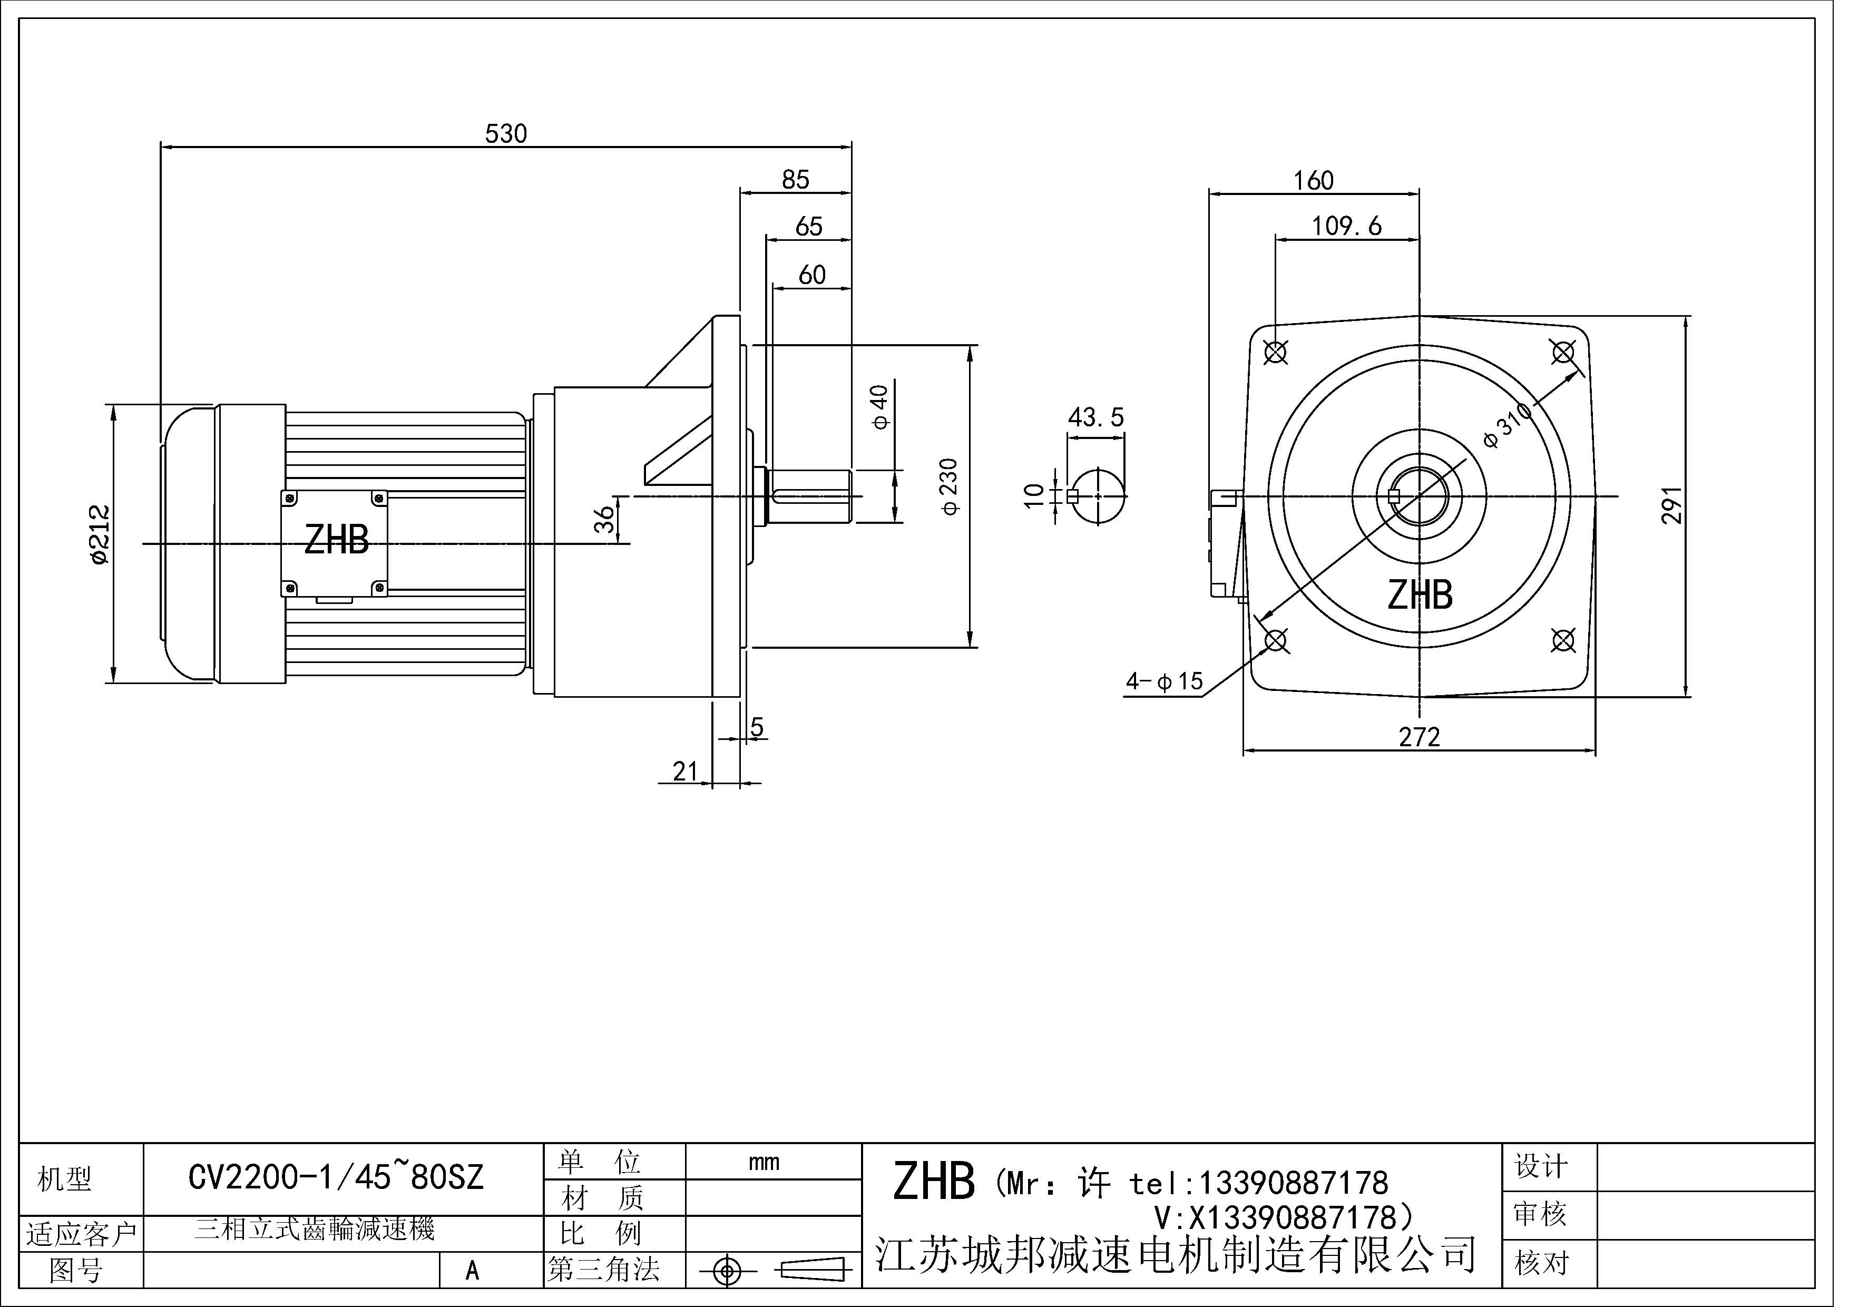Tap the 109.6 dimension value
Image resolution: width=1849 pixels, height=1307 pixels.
coord(1346,226)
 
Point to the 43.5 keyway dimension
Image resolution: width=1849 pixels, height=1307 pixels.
coord(1095,417)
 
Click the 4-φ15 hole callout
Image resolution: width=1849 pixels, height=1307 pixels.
coord(1163,681)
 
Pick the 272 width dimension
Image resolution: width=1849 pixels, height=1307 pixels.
coord(1419,737)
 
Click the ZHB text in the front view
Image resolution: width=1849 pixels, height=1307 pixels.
coord(1419,595)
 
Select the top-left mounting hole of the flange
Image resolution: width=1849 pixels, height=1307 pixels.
coord(1276,352)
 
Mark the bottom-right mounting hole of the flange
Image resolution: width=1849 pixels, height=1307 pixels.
coord(1563,640)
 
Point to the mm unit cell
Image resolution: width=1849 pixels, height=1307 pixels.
coord(764,1162)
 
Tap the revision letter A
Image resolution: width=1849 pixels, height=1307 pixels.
coord(472,1271)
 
